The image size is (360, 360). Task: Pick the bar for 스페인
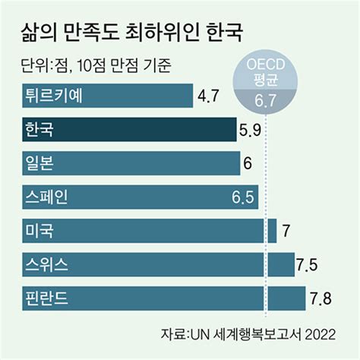(137, 197)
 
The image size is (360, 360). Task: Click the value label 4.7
(208, 96)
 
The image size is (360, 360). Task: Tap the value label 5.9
(250, 130)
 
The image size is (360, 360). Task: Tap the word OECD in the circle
(266, 66)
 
